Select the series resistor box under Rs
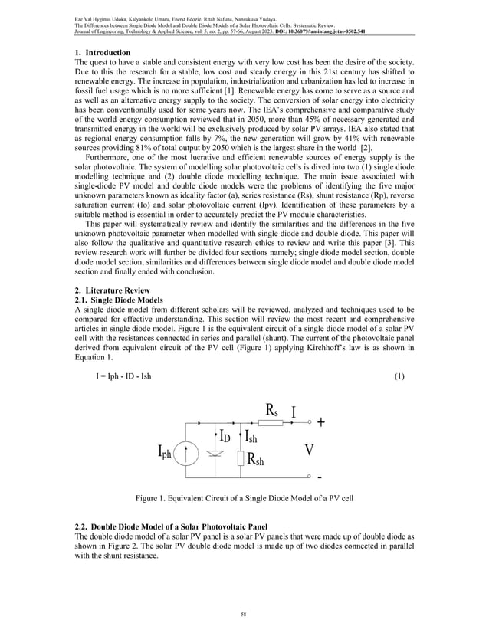pyautogui.click(x=272, y=421)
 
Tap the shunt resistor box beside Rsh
pyautogui.click(x=242, y=459)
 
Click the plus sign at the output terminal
pyautogui.click(x=320, y=421)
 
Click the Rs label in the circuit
pyautogui.click(x=271, y=408)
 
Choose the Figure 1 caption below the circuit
pyautogui.click(x=243, y=500)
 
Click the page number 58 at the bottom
pyautogui.click(x=244, y=614)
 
